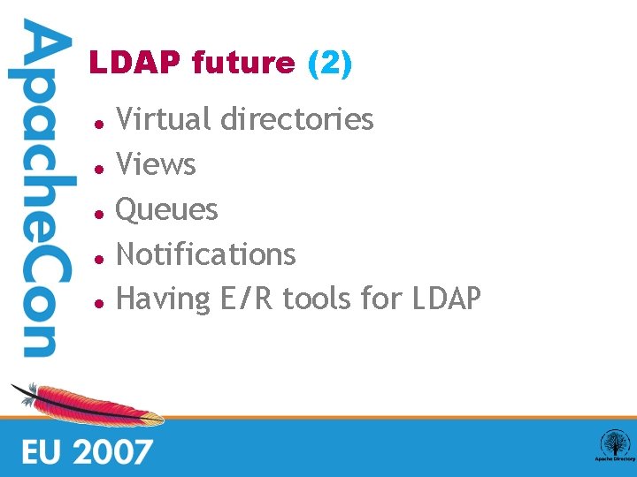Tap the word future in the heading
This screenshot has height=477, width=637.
tap(243, 64)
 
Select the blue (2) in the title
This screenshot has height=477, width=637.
tap(329, 64)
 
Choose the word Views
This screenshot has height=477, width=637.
tap(157, 164)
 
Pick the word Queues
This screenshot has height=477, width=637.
tap(167, 209)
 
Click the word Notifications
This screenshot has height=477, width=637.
tap(206, 254)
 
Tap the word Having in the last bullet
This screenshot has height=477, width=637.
tap(163, 299)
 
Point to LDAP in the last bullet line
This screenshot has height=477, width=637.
tap(447, 299)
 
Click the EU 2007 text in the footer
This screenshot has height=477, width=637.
tap(87, 451)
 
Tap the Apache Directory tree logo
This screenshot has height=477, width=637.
tap(614, 444)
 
